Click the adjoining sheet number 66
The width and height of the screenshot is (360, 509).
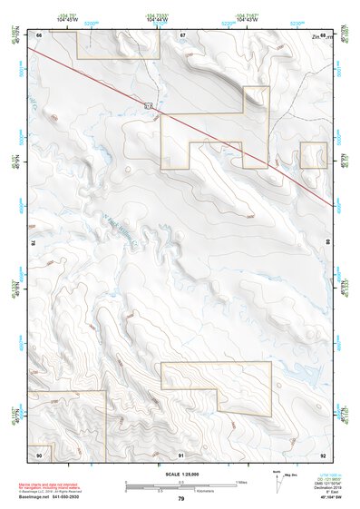click(39, 34)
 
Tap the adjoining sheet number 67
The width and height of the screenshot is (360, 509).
click(181, 34)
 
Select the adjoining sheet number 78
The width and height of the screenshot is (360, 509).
click(34, 244)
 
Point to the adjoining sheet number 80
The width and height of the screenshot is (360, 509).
click(327, 244)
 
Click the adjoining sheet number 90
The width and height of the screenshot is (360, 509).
click(39, 454)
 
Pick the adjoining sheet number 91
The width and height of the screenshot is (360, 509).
click(181, 454)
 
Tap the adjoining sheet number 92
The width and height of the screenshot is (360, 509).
click(325, 454)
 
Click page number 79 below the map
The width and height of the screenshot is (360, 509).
click(181, 499)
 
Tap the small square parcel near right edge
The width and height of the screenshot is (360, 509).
click(314, 155)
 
